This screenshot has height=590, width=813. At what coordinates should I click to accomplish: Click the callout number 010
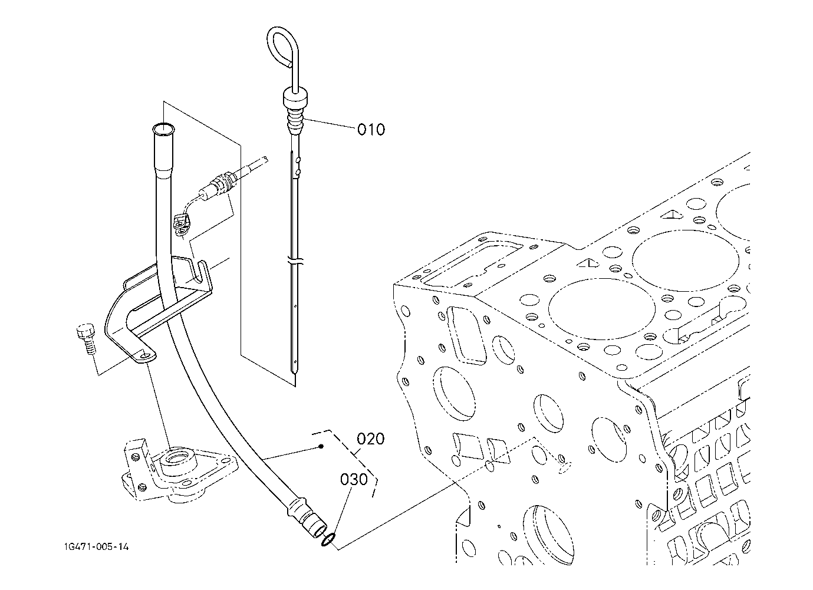(371, 130)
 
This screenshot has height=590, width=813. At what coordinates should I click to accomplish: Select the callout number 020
(371, 439)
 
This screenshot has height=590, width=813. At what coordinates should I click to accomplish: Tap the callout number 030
(354, 479)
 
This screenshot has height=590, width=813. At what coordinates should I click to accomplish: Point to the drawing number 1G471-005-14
(97, 547)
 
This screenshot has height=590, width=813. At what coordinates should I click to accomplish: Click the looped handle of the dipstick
(283, 47)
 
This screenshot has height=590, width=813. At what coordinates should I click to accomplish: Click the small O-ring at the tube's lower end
(328, 539)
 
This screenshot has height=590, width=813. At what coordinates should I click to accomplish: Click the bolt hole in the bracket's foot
(144, 356)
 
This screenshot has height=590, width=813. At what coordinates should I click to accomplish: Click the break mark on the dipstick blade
(295, 260)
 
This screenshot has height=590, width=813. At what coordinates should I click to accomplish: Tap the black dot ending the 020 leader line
(321, 446)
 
